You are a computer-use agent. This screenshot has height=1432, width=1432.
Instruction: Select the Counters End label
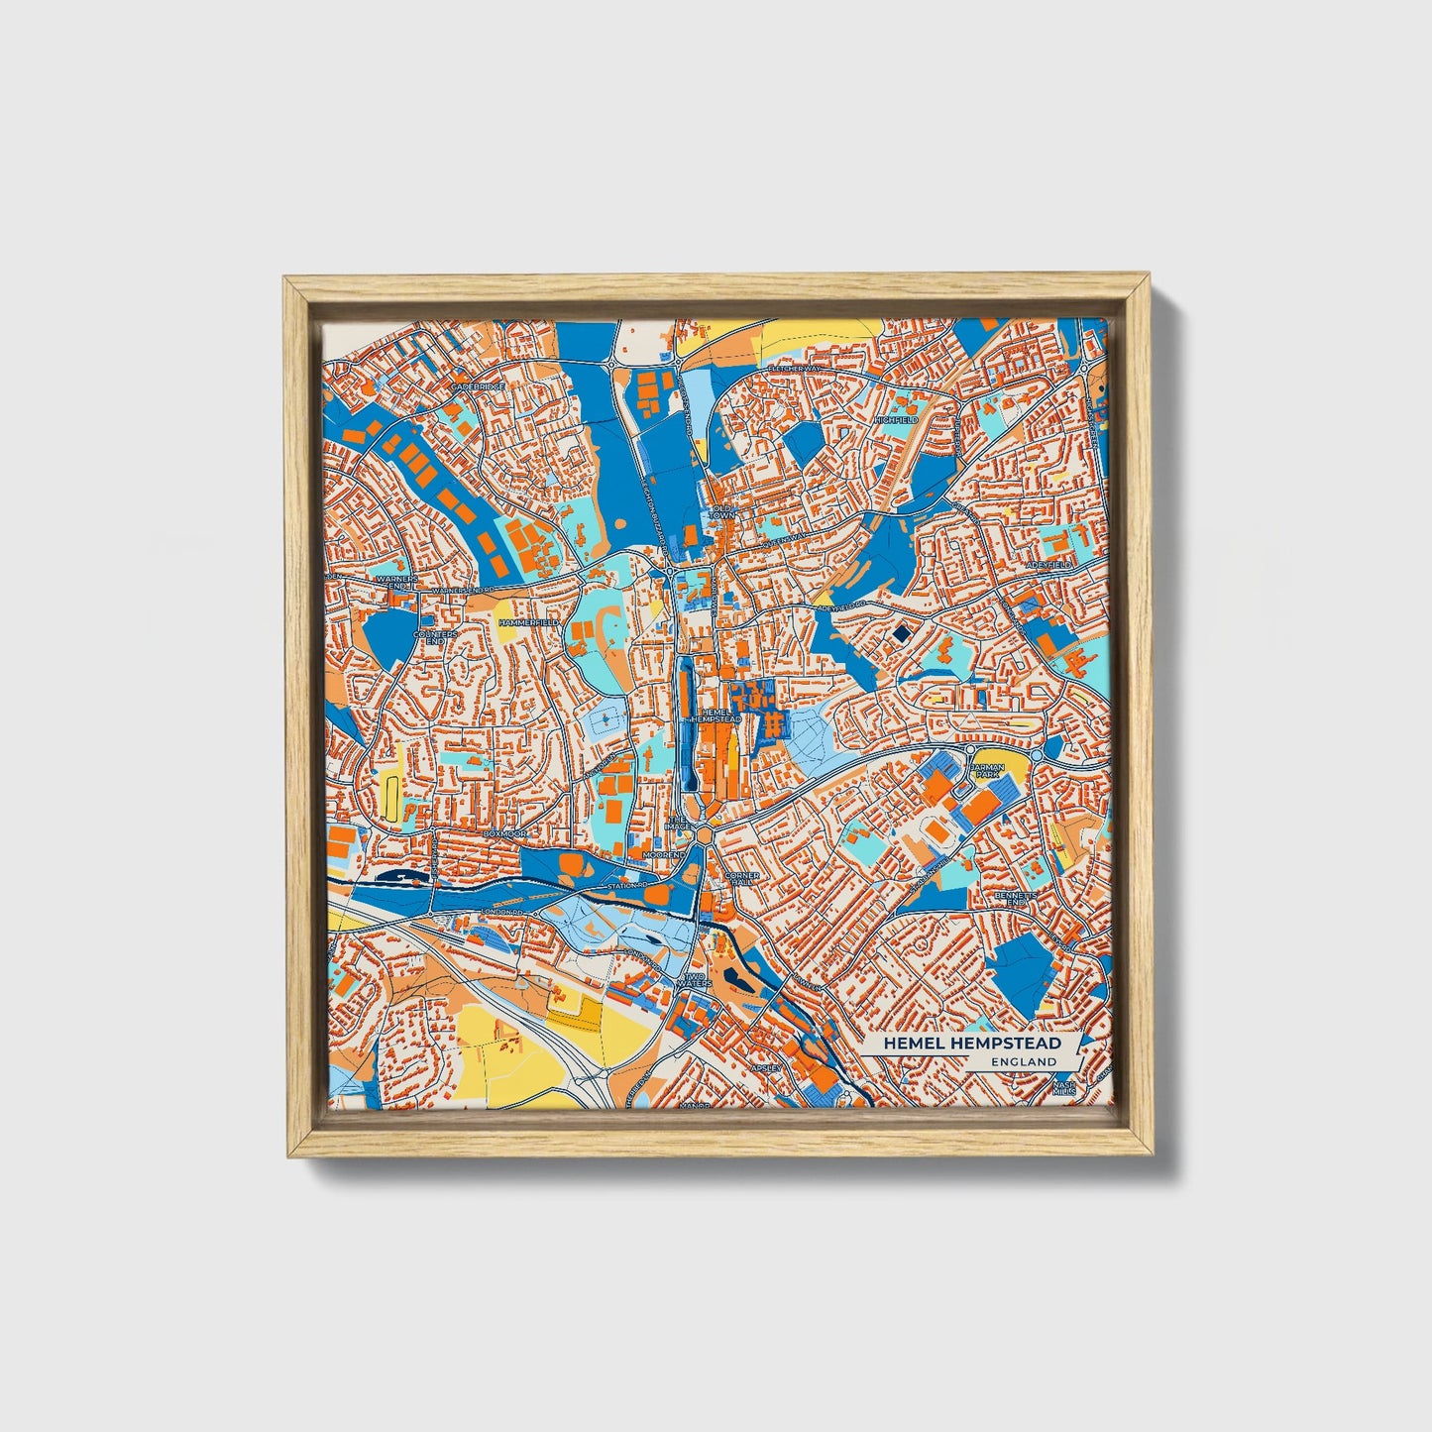(435, 637)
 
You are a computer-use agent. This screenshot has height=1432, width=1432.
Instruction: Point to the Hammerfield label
(529, 621)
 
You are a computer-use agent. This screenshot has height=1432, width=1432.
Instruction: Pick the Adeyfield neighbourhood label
(1050, 564)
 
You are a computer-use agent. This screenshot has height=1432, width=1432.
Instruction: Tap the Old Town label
(722, 512)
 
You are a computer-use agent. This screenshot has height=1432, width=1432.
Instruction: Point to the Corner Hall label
(742, 880)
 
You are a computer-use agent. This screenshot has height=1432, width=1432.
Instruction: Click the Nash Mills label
(1064, 1088)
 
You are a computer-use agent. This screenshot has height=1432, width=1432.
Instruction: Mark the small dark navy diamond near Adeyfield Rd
(900, 634)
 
